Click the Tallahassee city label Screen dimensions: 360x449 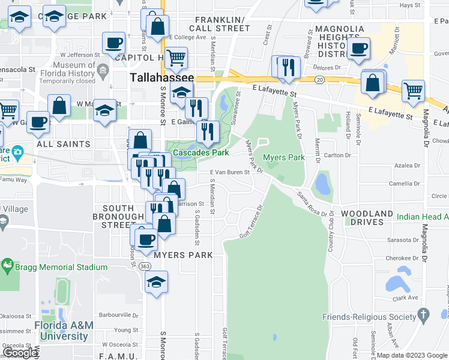(x=162, y=79)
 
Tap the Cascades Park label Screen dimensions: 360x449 (x=201, y=153)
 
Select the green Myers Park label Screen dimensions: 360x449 (x=284, y=158)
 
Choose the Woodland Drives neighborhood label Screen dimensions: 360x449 (x=367, y=217)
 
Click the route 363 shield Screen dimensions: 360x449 (x=145, y=267)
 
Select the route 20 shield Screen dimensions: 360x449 (x=319, y=79)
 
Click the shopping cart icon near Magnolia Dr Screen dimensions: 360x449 (x=413, y=91)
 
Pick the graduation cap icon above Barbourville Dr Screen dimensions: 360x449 (x=156, y=281)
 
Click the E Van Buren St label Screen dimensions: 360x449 (x=229, y=172)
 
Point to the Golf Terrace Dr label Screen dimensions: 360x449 (x=252, y=222)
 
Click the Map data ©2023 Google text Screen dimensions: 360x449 (x=411, y=355)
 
